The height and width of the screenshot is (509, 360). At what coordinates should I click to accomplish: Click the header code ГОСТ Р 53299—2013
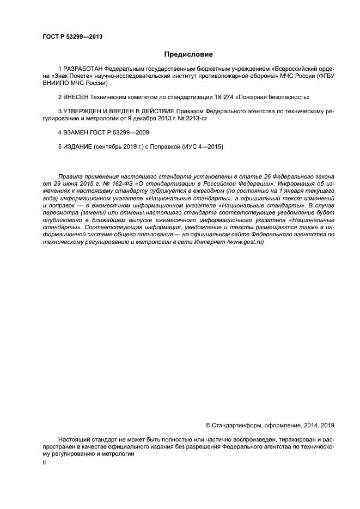tap(72, 37)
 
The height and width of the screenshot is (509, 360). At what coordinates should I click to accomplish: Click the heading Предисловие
tap(188, 54)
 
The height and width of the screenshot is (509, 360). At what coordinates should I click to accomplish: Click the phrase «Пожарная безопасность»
tap(273, 97)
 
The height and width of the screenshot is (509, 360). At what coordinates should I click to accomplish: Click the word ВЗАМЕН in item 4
tap(76, 132)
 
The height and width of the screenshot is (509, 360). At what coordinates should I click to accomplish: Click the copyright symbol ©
tap(208, 425)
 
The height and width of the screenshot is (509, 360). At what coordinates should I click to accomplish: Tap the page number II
tap(45, 462)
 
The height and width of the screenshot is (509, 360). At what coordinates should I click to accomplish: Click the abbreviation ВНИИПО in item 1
tap(56, 84)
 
